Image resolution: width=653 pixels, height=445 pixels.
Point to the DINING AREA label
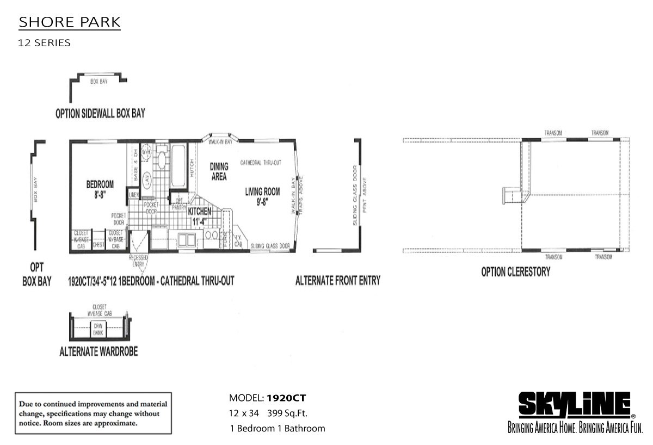pos(218,171)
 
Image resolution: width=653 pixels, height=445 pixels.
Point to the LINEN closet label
pos(134,194)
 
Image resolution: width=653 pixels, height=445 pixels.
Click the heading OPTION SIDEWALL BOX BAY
pos(100,113)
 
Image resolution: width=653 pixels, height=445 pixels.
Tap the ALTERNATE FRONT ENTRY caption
pos(337,281)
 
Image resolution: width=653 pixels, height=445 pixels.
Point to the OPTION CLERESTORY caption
pos(515,271)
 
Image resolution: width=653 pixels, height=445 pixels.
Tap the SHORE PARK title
pos(70,23)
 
